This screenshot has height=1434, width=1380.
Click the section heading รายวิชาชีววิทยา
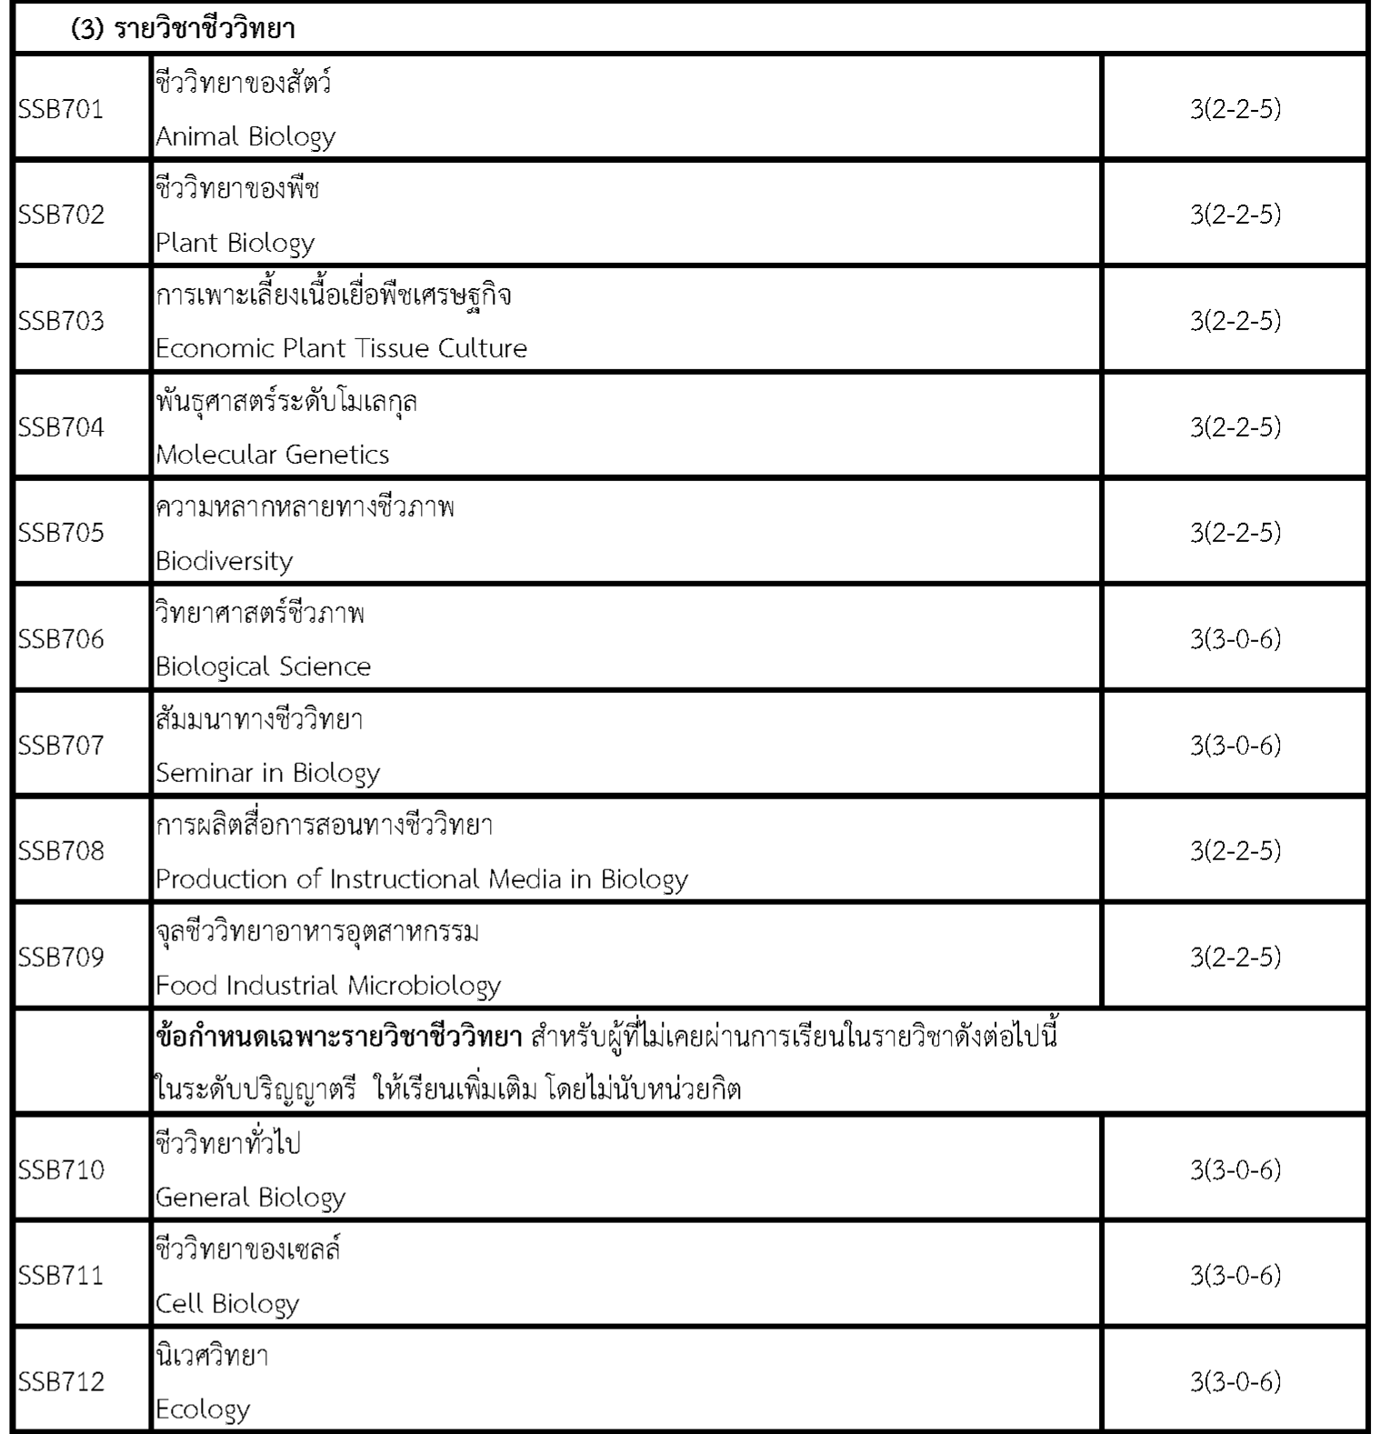pyautogui.click(x=183, y=29)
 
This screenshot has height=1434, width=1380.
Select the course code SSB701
pyautogui.click(x=61, y=109)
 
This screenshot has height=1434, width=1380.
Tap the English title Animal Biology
pyautogui.click(x=245, y=136)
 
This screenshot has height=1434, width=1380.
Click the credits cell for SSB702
pyautogui.click(x=1235, y=215)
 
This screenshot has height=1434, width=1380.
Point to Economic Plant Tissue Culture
pyautogui.click(x=341, y=348)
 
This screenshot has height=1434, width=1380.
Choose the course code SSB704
pyautogui.click(x=61, y=427)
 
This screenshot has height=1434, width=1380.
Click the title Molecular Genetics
pyautogui.click(x=272, y=455)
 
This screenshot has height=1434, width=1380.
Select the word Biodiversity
pyautogui.click(x=224, y=561)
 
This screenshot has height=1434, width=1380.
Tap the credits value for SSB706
pyautogui.click(x=1235, y=639)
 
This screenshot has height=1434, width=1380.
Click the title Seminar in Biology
pyautogui.click(x=267, y=773)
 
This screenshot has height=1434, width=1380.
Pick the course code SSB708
pyautogui.click(x=61, y=851)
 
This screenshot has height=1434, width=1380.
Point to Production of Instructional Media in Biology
pyautogui.click(x=421, y=879)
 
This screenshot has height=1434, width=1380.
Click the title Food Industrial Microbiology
pyautogui.click(x=328, y=986)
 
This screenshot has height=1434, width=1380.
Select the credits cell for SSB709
pyautogui.click(x=1235, y=957)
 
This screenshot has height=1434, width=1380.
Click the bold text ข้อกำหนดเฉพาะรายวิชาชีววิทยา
pyautogui.click(x=338, y=1037)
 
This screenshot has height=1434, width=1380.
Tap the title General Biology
pyautogui.click(x=250, y=1198)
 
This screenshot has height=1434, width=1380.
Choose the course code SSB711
pyautogui.click(x=61, y=1276)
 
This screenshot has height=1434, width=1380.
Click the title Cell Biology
pyautogui.click(x=227, y=1304)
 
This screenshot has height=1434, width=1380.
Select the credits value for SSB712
pyautogui.click(x=1235, y=1382)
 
